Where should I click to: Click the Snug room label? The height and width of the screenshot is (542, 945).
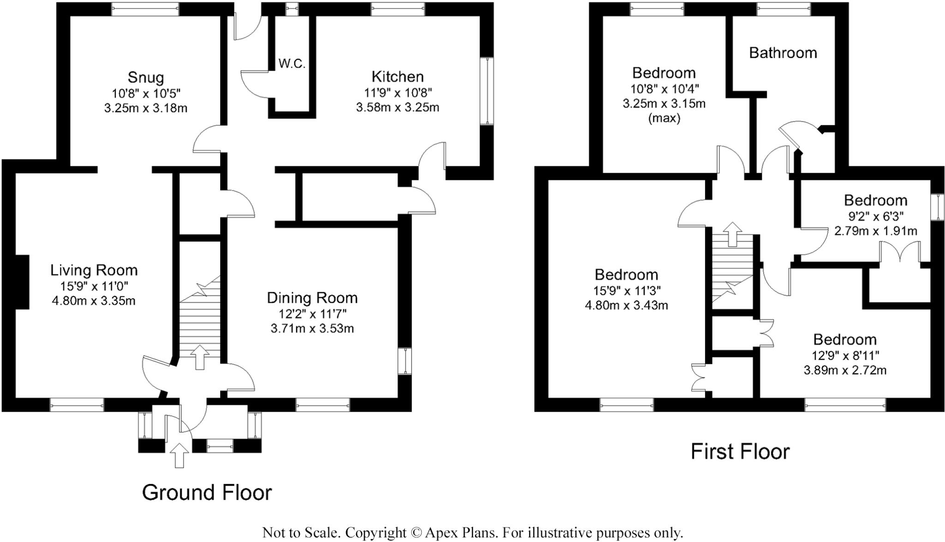click(146, 77)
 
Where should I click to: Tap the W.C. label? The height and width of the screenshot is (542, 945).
click(292, 64)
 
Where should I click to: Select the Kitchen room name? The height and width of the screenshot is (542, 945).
click(397, 76)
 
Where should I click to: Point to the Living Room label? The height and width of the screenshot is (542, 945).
click(94, 270)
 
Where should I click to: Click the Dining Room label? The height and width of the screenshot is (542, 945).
click(312, 298)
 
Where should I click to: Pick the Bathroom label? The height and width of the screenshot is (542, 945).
click(783, 53)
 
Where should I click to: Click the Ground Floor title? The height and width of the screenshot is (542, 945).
click(207, 492)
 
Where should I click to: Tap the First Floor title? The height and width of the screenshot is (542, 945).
click(740, 451)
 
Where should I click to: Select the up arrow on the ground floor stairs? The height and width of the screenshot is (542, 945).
click(200, 357)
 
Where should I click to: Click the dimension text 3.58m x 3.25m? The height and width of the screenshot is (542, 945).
click(397, 107)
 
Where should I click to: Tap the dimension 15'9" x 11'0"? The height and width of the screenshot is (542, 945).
click(94, 286)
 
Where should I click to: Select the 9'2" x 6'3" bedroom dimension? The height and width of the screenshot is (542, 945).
click(875, 215)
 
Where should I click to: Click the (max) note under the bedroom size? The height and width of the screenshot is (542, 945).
click(664, 119)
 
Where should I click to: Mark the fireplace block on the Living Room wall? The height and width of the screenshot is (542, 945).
click(23, 282)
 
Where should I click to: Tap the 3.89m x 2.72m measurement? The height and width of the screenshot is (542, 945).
click(845, 370)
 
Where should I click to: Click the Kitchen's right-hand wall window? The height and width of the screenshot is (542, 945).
click(487, 91)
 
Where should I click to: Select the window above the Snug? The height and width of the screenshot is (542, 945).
click(146, 6)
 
